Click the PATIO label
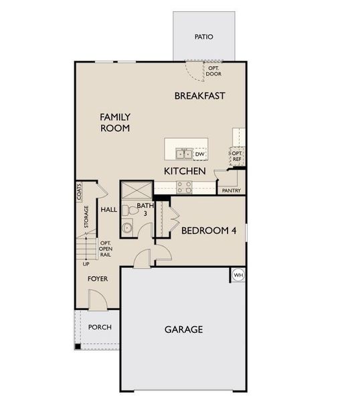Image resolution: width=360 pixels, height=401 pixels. click(204, 37)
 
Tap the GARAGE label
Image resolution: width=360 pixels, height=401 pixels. click(183, 329)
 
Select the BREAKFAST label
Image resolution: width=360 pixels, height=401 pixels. click(199, 96)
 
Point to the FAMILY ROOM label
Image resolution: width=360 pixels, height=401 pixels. click(115, 122)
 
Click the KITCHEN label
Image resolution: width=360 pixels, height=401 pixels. click(185, 172)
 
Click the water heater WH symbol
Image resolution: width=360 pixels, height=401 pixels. click(238, 275)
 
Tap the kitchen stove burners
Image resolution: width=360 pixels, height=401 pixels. click(184, 188)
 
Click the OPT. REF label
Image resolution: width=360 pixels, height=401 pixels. click(237, 156)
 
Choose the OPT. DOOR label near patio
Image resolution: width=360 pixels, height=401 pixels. click(214, 71)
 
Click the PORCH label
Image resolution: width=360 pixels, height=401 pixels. click(100, 327)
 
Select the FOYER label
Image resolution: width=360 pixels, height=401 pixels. click(98, 278)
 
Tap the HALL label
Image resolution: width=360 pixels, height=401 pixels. click(108, 210)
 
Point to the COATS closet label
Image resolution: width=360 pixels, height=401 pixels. click(79, 192)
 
